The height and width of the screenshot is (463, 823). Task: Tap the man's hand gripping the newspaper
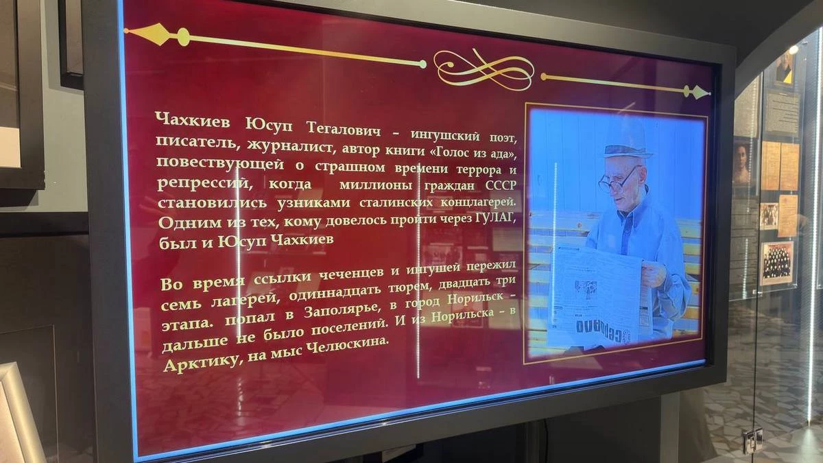(x=654, y=274)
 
